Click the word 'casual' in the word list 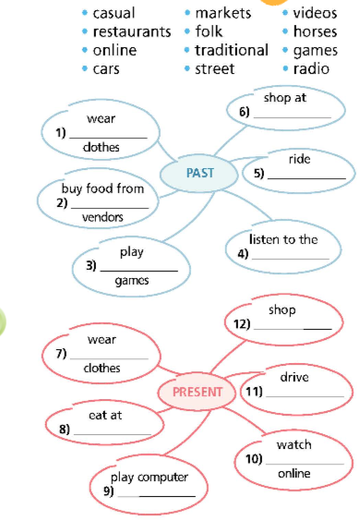pyautogui.click(x=114, y=13)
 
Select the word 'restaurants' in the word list pyautogui.click(x=132, y=31)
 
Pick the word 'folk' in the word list pyautogui.click(x=210, y=31)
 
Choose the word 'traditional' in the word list pyautogui.click(x=232, y=50)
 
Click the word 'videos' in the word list pyautogui.click(x=316, y=13)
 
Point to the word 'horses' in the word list pyautogui.click(x=316, y=31)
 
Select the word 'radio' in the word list pyautogui.click(x=312, y=68)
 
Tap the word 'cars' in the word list pyautogui.click(x=107, y=68)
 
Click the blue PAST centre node pyautogui.click(x=199, y=173)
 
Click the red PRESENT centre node pyautogui.click(x=198, y=392)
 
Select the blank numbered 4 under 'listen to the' pyautogui.click(x=290, y=257)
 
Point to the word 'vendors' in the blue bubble pyautogui.click(x=102, y=218)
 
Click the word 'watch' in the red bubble pyautogui.click(x=294, y=444)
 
